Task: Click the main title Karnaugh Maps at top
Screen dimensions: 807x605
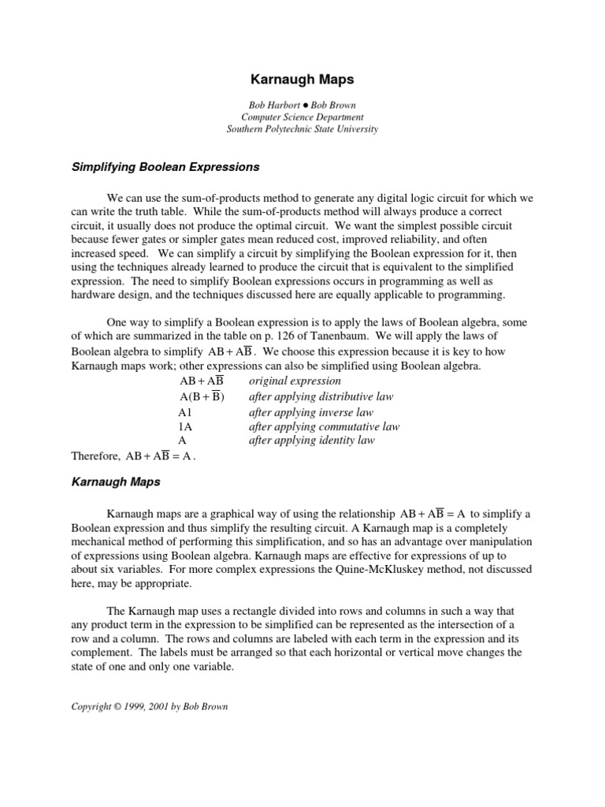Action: click(x=302, y=80)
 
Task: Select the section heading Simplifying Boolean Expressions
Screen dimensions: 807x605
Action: click(x=165, y=167)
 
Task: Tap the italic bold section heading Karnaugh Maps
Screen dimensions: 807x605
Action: click(x=116, y=482)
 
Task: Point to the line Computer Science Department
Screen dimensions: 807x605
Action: click(x=302, y=117)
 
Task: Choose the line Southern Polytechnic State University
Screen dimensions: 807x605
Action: click(x=302, y=129)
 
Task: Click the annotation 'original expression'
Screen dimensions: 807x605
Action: click(x=295, y=381)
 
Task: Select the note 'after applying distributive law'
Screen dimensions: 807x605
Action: click(x=321, y=397)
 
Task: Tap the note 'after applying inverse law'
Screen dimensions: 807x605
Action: click(x=311, y=413)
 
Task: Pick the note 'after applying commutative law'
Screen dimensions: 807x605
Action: click(x=324, y=427)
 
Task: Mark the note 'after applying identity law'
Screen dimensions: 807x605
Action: click(x=311, y=441)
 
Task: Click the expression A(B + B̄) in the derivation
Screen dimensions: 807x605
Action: click(x=202, y=397)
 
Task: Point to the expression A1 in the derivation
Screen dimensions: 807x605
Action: click(x=185, y=413)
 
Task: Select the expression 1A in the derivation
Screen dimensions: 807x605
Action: click(x=185, y=427)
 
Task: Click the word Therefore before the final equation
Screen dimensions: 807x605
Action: click(x=94, y=456)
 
